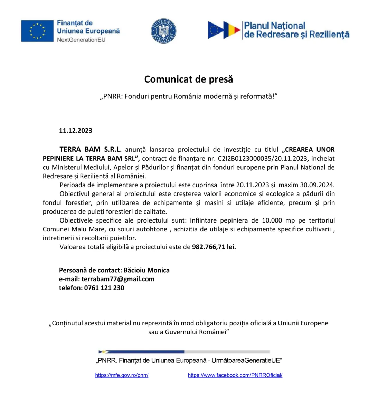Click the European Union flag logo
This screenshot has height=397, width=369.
tap(37, 31)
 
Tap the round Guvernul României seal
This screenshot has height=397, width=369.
tap(163, 31)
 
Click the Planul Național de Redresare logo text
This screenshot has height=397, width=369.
tap(296, 30)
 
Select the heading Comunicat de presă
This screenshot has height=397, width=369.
tap(188, 79)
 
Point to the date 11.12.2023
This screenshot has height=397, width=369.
tap(76, 131)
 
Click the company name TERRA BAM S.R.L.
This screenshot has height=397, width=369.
tap(91, 150)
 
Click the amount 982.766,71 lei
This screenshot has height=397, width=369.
tap(214, 247)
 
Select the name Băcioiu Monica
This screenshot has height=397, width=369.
tap(146, 270)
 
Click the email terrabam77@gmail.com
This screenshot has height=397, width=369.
tap(118, 279)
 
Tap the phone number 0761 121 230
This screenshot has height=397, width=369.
tap(104, 288)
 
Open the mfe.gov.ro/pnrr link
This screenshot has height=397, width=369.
tap(122, 375)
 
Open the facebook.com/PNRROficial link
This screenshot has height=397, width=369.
tap(235, 375)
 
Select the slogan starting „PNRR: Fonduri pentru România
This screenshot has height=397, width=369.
tap(189, 96)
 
